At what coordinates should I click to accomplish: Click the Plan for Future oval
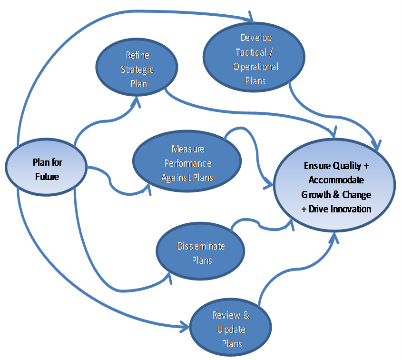tap(47, 170)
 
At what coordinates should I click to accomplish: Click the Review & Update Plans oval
tap(231, 329)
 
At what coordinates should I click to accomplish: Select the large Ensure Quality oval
tap(336, 188)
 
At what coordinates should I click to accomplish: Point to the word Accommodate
tap(336, 180)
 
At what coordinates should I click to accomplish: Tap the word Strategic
tap(137, 70)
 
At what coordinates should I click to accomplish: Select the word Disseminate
tap(201, 246)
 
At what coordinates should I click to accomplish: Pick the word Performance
tap(188, 163)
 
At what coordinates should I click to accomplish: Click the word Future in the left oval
tap(47, 177)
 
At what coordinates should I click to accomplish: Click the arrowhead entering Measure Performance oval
tap(148, 190)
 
